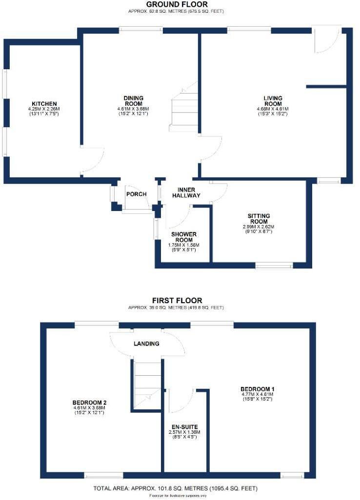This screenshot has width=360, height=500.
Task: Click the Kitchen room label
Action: point(44,104)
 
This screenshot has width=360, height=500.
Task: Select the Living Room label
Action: point(273,100)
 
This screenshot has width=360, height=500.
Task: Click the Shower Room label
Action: point(183,237)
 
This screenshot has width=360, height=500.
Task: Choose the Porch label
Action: point(137,194)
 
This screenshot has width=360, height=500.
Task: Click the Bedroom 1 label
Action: point(258,388)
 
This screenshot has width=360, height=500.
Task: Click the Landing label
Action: point(146,344)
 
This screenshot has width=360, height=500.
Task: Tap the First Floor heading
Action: point(177,301)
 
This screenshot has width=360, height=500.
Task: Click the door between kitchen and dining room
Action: point(93,160)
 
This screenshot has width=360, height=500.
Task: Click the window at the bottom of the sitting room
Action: point(274,266)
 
